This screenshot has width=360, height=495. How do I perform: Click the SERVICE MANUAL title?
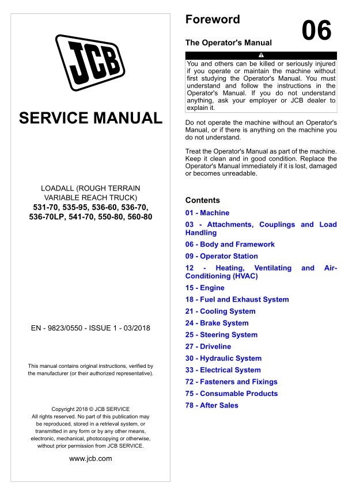[91, 119]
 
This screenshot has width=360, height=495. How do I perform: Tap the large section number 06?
[316, 31]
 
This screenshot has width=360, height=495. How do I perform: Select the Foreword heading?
[213, 20]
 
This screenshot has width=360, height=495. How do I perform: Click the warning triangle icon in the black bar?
[261, 55]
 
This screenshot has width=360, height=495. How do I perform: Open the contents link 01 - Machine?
[207, 213]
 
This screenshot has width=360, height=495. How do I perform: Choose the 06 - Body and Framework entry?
[230, 244]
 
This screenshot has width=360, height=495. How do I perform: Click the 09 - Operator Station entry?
[221, 256]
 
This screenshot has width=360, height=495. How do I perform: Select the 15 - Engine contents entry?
[204, 288]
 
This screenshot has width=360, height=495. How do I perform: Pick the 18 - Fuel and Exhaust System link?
[237, 299]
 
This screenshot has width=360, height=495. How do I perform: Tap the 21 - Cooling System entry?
[220, 311]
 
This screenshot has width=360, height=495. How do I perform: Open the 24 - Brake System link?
[217, 323]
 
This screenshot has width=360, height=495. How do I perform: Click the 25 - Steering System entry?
[221, 334]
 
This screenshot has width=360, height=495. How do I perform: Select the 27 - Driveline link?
[208, 346]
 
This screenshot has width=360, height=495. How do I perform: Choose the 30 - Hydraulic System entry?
[223, 358]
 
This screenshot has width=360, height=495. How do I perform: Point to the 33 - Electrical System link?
[223, 370]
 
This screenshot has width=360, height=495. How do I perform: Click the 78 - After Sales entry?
[211, 405]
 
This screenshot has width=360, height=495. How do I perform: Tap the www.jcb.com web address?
[90, 459]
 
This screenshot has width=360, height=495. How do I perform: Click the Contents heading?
[202, 200]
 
